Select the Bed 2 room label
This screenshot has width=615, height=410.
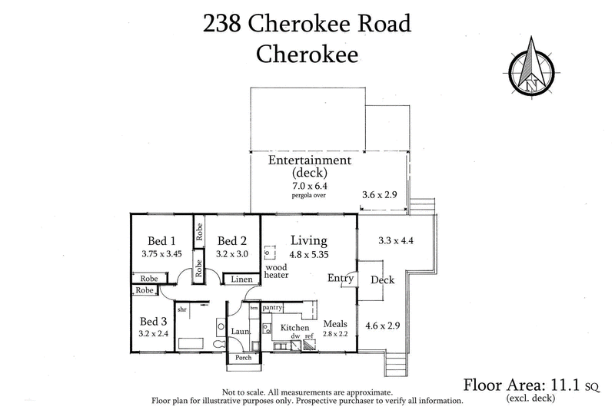(231, 240)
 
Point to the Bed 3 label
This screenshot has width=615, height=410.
(153, 321)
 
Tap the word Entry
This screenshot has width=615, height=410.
(340, 278)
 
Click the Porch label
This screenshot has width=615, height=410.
(243, 358)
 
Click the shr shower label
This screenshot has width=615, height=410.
(182, 309)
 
